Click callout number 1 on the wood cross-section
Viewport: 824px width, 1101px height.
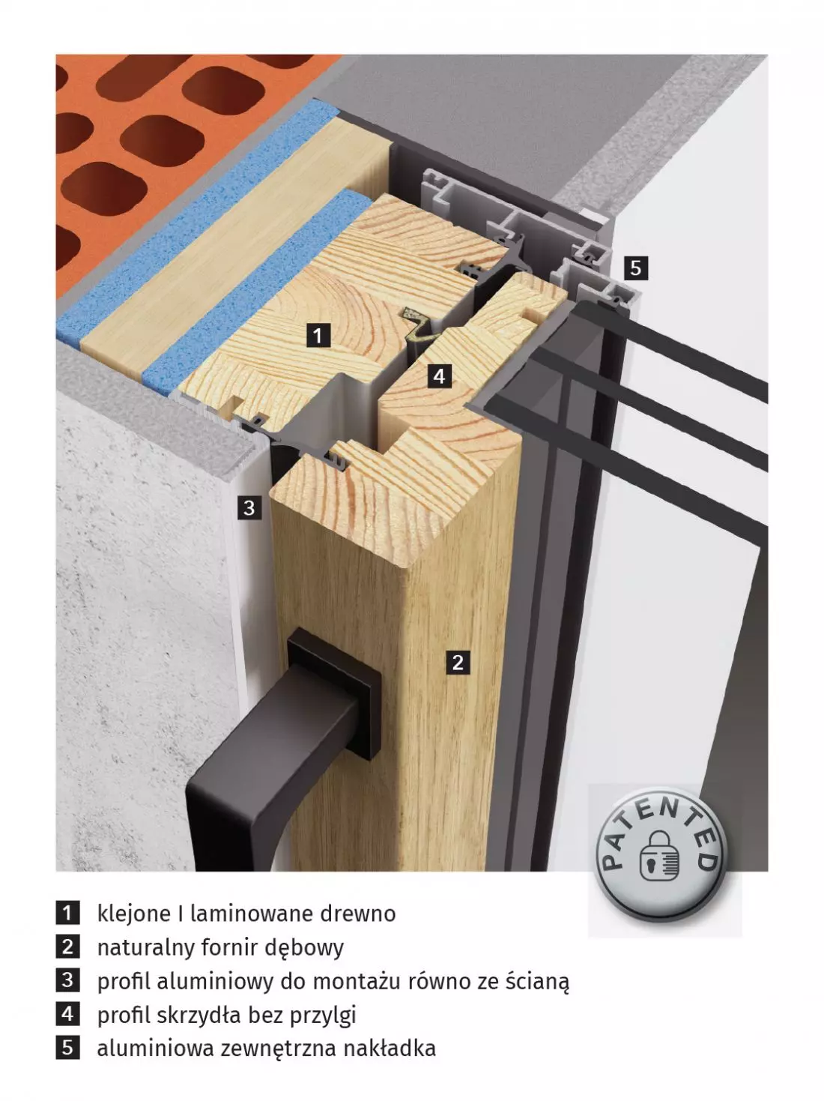pos(318,335)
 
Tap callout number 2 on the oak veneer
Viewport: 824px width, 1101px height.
pos(458,663)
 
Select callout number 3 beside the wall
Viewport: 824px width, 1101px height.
pos(249,508)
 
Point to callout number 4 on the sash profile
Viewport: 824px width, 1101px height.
pos(440,375)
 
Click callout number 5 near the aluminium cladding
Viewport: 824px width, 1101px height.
pos(636,268)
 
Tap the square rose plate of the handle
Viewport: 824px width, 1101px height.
pos(335,690)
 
